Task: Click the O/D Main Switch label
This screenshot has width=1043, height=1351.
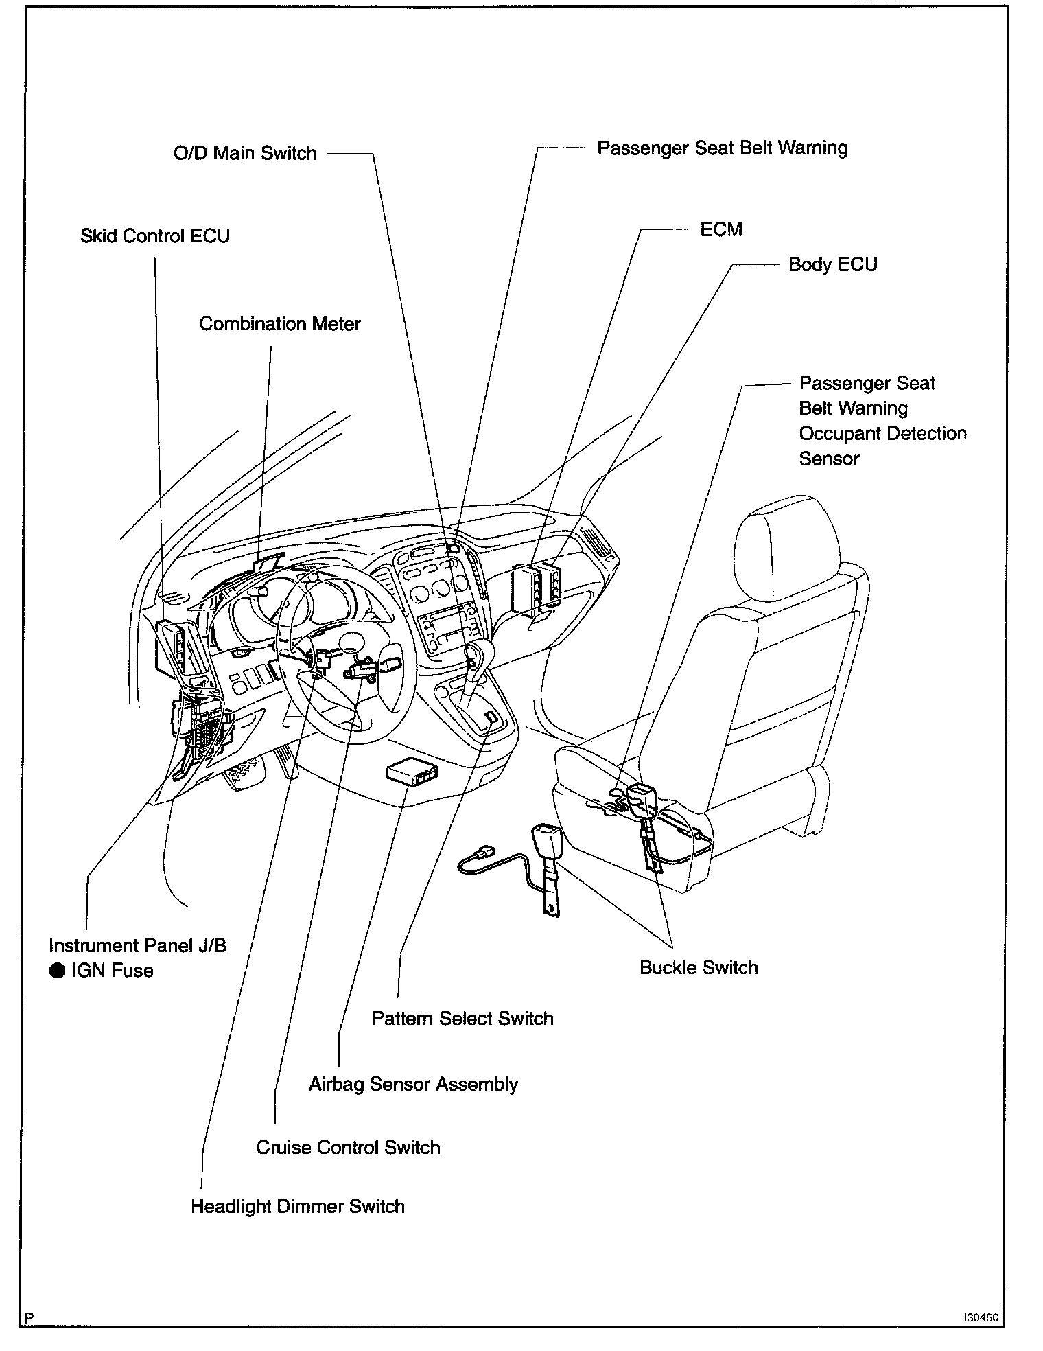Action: pyautogui.click(x=245, y=152)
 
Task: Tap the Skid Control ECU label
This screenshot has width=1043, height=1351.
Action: pyautogui.click(x=155, y=236)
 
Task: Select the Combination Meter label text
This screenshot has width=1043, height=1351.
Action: pyautogui.click(x=280, y=324)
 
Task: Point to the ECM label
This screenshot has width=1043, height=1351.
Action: pyautogui.click(x=721, y=229)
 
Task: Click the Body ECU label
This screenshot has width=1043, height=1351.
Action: pyautogui.click(x=832, y=265)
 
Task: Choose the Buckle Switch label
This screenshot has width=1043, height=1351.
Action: pyautogui.click(x=699, y=968)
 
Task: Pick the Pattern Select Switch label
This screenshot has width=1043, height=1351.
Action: pyautogui.click(x=462, y=1018)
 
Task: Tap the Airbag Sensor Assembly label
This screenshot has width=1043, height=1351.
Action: pyautogui.click(x=413, y=1085)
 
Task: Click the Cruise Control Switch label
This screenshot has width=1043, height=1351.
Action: pyautogui.click(x=348, y=1148)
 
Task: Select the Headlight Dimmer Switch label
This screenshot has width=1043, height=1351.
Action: pyautogui.click(x=298, y=1207)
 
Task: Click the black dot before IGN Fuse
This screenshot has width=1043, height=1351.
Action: pyautogui.click(x=58, y=971)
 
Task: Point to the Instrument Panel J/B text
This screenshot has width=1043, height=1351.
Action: pyautogui.click(x=137, y=946)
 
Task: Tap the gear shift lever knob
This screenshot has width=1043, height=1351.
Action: pyautogui.click(x=476, y=653)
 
